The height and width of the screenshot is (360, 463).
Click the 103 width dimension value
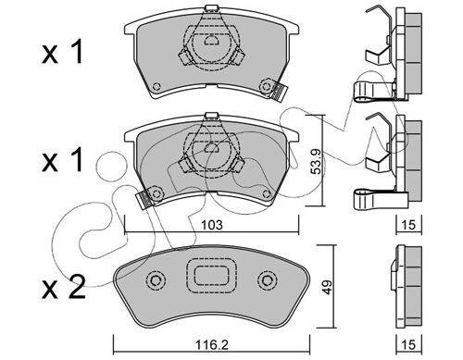(211, 225)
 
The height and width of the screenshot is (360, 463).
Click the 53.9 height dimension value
(318, 161)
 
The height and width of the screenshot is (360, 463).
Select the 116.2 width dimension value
(212, 344)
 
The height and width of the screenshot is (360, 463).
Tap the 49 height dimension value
(327, 287)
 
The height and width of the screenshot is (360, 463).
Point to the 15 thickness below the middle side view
(408, 225)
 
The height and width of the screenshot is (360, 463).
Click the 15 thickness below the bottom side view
(408, 344)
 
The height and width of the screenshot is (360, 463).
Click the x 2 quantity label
(64, 287)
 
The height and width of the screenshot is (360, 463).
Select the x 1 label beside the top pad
(63, 52)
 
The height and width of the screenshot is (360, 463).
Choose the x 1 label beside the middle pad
(63, 159)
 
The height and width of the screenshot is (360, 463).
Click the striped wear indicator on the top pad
(280, 92)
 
